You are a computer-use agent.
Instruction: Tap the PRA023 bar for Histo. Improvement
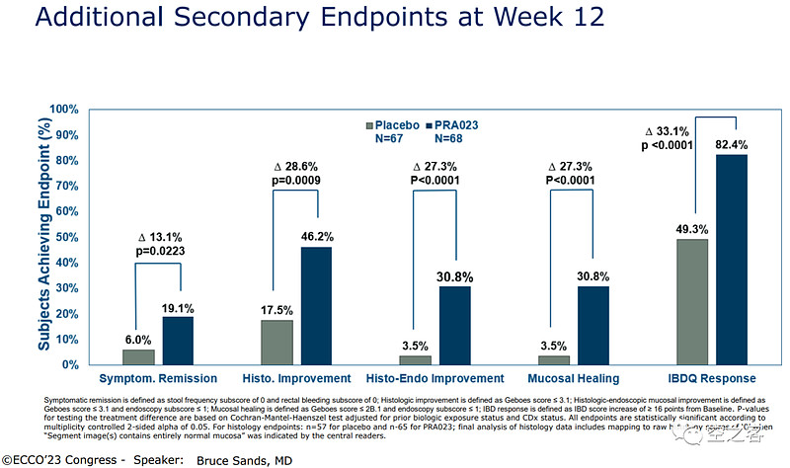(x=316, y=305)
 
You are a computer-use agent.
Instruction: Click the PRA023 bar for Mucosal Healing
(x=592, y=325)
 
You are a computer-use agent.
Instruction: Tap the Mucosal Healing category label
(x=572, y=378)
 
